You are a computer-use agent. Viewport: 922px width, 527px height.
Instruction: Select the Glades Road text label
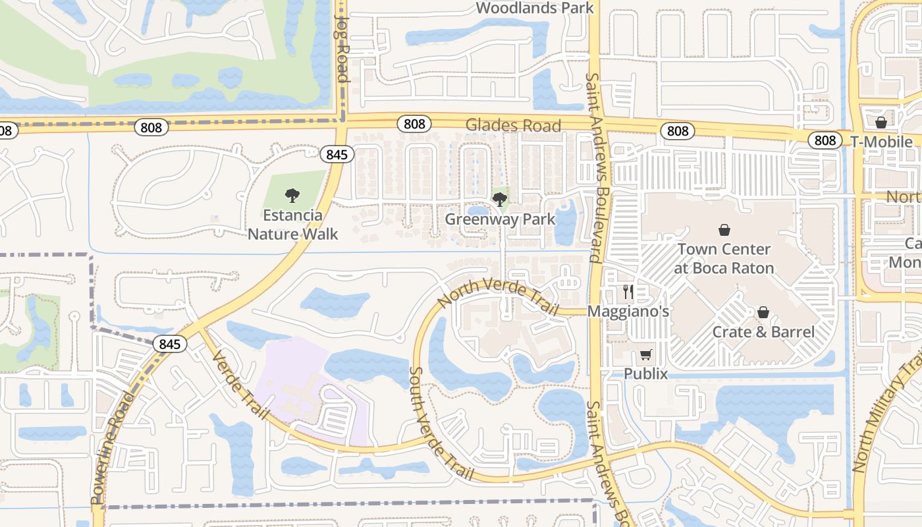514,125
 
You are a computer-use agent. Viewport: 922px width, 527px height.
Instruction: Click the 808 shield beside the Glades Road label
414,124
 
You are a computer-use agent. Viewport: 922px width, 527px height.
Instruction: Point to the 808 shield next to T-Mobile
825,140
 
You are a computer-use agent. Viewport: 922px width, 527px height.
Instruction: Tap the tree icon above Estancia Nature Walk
292,196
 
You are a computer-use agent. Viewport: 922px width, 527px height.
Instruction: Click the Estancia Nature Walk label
293,225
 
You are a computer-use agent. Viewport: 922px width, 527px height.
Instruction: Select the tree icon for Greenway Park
500,199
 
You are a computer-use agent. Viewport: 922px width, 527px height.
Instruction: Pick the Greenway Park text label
500,219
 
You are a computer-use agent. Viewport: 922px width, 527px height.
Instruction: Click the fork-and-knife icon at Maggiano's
628,292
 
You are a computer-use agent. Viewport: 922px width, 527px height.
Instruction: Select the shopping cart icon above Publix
646,355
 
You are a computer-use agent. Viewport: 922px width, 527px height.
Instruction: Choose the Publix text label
646,374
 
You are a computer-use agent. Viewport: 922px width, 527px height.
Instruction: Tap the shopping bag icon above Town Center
724,230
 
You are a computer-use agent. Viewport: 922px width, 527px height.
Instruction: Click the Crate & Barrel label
763,331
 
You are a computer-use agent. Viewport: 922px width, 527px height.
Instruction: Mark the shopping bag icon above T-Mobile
881,123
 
